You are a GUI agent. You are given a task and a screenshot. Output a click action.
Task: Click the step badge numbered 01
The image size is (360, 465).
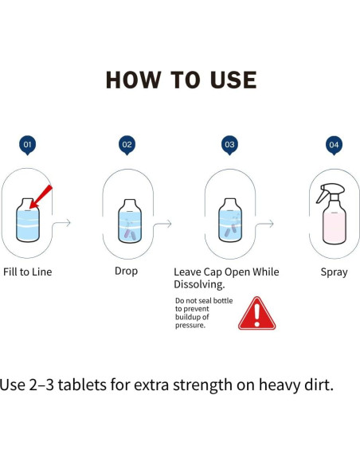(27, 145)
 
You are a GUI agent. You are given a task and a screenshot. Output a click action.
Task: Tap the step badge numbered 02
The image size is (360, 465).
(127, 145)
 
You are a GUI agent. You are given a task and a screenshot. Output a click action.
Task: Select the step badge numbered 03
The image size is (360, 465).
(229, 145)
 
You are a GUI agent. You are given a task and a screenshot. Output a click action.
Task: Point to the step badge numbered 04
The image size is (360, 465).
(334, 145)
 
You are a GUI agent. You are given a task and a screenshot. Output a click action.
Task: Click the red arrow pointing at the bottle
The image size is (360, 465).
(41, 197)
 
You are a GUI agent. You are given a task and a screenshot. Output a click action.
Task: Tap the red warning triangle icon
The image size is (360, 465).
(256, 314)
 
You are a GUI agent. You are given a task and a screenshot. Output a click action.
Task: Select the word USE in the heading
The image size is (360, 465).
(233, 80)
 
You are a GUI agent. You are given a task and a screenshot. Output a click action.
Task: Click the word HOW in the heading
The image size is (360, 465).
(134, 80)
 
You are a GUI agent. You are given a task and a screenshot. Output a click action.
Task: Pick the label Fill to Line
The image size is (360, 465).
(28, 272)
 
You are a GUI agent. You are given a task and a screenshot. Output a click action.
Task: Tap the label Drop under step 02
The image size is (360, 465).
(126, 272)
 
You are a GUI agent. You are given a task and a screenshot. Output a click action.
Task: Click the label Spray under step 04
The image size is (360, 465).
(334, 272)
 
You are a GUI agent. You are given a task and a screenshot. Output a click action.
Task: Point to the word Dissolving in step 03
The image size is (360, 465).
(199, 284)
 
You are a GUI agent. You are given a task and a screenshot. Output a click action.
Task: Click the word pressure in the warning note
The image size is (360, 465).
(190, 326)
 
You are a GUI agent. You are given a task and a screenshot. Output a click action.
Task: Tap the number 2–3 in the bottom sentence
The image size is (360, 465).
(41, 385)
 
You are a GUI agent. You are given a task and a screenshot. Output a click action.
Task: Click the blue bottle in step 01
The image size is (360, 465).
(28, 220)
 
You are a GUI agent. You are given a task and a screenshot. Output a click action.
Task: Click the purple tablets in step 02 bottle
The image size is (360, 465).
(130, 234)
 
